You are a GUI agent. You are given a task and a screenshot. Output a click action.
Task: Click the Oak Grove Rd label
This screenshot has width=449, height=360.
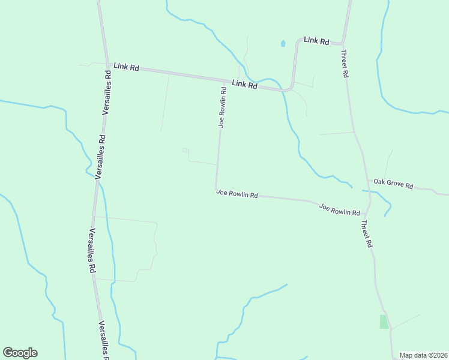[x=393, y=184]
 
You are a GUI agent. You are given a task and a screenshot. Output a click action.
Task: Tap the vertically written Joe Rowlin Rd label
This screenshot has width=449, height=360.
[x=222, y=107]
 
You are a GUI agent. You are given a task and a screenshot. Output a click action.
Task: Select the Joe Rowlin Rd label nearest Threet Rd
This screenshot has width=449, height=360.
[x=339, y=210]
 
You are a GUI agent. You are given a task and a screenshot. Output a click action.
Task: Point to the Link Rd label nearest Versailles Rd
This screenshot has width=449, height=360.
[x=126, y=67]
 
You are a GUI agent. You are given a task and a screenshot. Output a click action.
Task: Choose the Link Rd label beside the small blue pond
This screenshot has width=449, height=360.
[x=316, y=41]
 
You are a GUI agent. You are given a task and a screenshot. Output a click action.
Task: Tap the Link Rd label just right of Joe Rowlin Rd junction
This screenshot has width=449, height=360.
[x=244, y=85]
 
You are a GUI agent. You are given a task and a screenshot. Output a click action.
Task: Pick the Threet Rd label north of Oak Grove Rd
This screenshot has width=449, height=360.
[x=345, y=64]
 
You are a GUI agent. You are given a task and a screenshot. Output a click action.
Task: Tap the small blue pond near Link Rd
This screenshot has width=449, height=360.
[x=283, y=44]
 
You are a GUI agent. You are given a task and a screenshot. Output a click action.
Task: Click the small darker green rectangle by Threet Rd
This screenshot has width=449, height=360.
[x=384, y=322]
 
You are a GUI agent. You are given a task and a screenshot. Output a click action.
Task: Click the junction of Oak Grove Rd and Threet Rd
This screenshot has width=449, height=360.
[x=368, y=179]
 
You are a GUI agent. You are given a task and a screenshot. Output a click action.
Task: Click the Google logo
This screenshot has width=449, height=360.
[x=20, y=353]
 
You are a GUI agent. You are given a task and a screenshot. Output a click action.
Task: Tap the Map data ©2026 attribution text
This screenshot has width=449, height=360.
[x=423, y=355]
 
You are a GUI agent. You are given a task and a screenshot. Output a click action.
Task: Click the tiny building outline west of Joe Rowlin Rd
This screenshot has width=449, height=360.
[x=185, y=150]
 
